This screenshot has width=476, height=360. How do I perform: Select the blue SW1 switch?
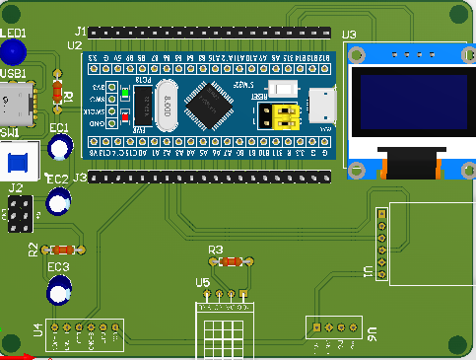coord(18,161)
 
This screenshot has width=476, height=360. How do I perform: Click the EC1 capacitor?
coord(59,147)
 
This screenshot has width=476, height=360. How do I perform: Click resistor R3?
coord(231,262)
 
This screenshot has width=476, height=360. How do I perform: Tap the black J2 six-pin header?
coord(18,212)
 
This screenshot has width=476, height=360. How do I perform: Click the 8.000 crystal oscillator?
coord(169,105)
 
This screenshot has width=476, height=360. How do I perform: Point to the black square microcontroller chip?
coord(208,104)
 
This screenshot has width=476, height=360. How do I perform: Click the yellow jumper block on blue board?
coord(282,116)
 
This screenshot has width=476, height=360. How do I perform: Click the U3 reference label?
coord(349,36)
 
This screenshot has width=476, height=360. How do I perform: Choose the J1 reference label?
coord(80,32)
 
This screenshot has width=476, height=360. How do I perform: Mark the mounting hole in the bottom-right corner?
coord(456,343)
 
